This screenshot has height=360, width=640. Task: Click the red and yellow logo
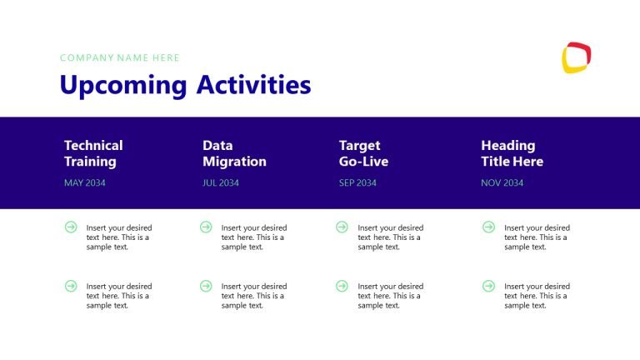coord(576,57)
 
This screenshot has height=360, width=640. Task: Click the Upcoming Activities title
coord(185,85)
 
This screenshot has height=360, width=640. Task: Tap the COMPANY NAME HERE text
coord(120,57)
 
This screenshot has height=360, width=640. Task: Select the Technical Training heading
coord(93,153)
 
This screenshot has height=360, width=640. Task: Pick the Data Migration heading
coord(234,153)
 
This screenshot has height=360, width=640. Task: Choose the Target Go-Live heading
coord(364,153)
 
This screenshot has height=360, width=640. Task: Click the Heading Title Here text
coord(512,153)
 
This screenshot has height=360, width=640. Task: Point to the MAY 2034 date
coord(85,182)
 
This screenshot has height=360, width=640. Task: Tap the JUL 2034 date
coord(221,182)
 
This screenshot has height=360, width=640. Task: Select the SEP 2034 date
coord(357,182)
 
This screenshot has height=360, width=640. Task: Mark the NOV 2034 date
coord(502,182)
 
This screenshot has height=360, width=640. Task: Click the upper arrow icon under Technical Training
coord(71,227)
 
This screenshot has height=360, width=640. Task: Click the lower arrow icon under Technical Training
coord(71,286)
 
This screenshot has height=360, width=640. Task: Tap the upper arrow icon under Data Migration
coord(206,227)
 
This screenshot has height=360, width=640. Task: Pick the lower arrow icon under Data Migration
coord(206,286)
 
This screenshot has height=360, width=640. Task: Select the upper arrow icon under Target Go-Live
coord(342,227)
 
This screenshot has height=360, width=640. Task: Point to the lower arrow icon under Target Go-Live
coord(342,286)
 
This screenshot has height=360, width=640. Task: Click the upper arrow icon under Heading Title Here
coord(488,227)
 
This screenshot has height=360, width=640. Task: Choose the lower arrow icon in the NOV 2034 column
coord(488,286)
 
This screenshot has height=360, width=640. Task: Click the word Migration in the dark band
coord(234,162)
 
